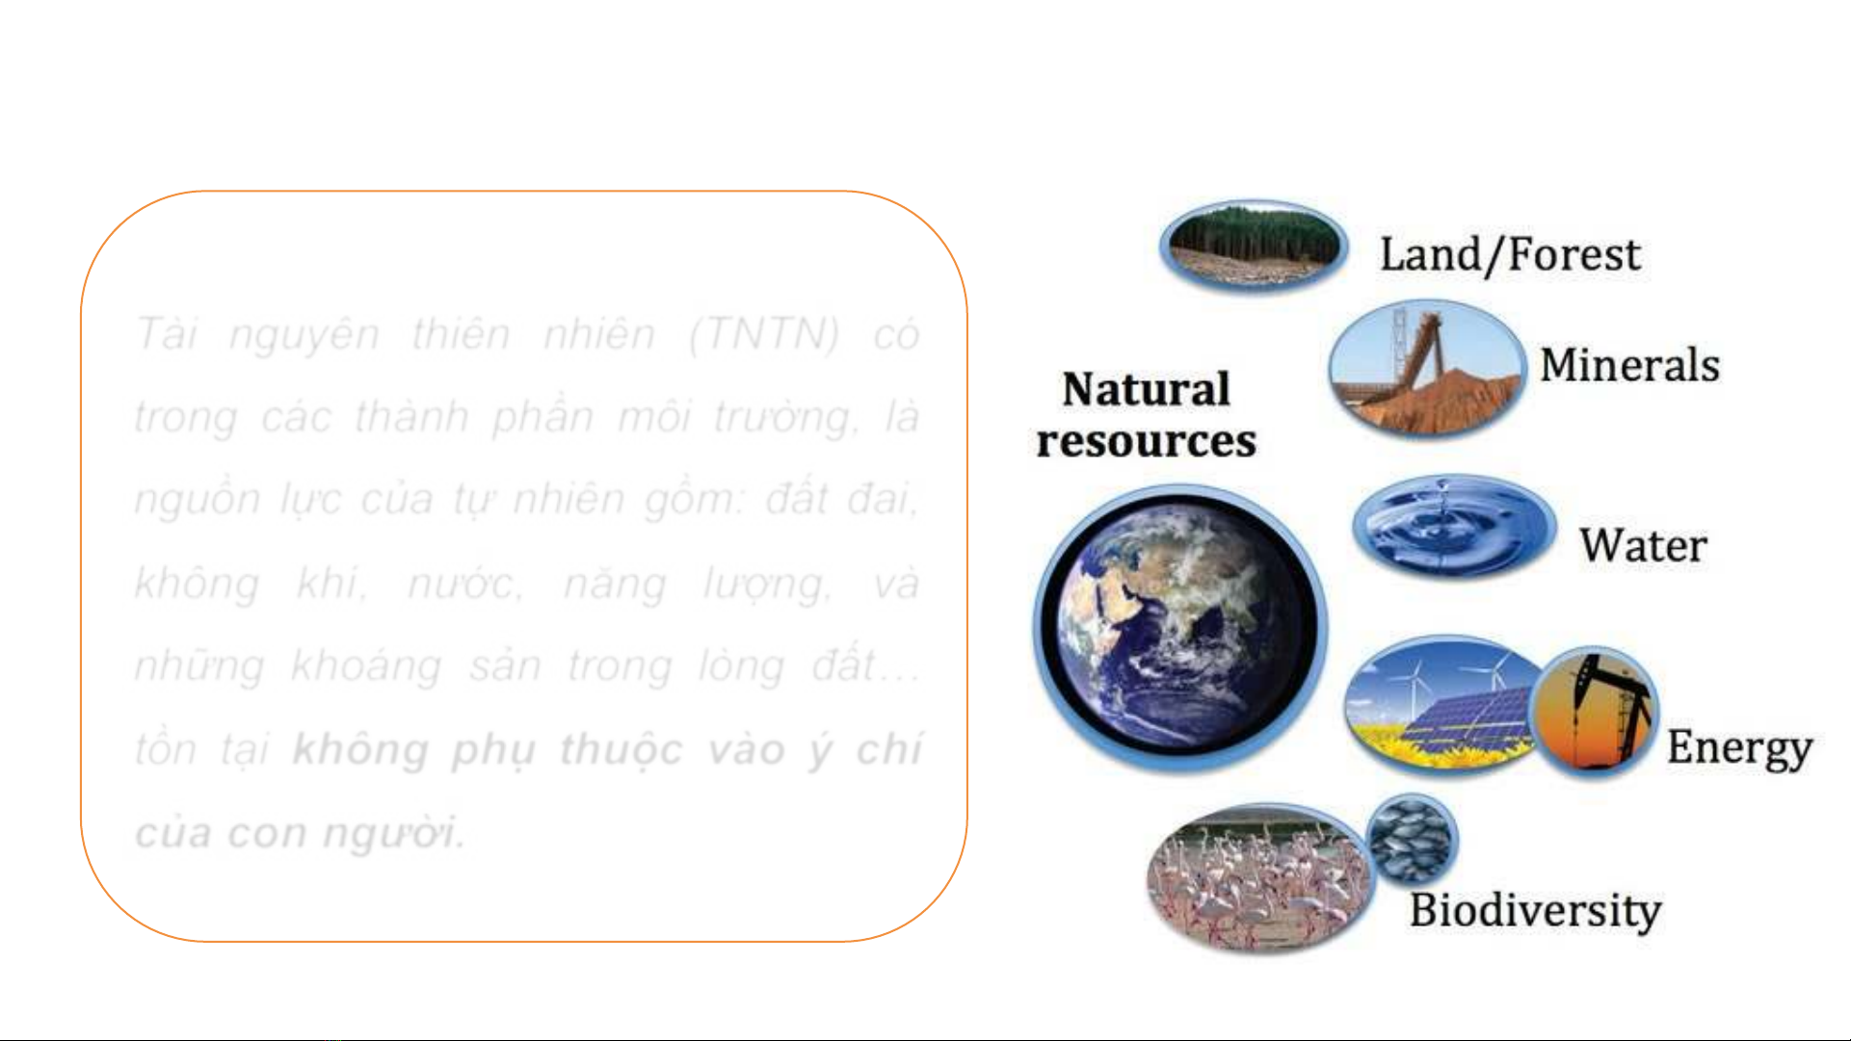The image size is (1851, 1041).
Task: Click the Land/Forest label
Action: [x=1510, y=255]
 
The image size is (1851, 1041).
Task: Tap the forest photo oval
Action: [x=1253, y=246]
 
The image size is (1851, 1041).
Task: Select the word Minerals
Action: [x=1629, y=365]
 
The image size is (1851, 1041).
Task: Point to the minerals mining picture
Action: [x=1426, y=369]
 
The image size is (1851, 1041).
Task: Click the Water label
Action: [x=1643, y=545]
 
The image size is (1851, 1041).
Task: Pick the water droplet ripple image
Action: [x=1454, y=526]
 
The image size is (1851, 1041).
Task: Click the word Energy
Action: [x=1740, y=748]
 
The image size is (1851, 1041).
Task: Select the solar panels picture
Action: [x=1442, y=705]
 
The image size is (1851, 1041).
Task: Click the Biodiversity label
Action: [x=1536, y=911]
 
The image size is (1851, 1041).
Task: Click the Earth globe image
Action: [x=1179, y=628]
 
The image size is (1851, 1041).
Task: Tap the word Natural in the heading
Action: [x=1147, y=389]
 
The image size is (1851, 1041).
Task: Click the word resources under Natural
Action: [x=1147, y=441]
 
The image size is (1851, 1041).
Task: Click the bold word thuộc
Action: [x=621, y=750]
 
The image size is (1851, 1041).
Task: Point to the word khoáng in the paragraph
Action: [x=366, y=666]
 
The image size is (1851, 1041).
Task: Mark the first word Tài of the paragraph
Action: [x=167, y=334]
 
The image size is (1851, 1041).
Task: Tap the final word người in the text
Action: [x=392, y=833]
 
